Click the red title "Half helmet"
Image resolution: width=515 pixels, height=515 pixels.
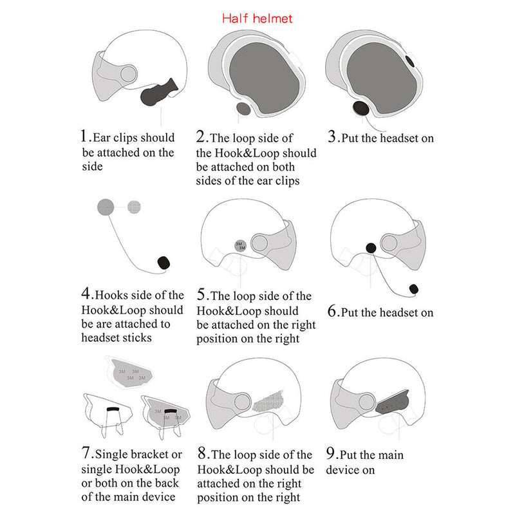257,19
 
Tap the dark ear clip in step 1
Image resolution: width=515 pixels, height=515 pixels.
158,92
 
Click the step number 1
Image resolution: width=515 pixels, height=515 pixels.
84,136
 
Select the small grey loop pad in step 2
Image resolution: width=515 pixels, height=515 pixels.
243,109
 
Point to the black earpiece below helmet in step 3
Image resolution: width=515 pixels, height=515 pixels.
360,108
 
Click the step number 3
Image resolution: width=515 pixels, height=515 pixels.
332,136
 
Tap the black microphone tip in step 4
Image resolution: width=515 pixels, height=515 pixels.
164,263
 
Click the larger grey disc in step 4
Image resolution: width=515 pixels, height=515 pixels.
106,207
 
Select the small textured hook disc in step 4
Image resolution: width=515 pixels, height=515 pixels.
134,207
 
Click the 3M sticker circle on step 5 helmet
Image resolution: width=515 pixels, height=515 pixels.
240,245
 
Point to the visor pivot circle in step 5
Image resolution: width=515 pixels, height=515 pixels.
259,243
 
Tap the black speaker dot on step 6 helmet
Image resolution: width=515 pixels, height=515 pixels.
371,248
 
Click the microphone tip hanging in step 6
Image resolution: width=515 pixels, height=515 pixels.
414,289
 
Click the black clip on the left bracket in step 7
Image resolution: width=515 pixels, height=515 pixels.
113,409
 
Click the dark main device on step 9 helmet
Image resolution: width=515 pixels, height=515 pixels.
393,402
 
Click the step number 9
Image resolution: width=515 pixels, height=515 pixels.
330,453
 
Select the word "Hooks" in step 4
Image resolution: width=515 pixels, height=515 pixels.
110,295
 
